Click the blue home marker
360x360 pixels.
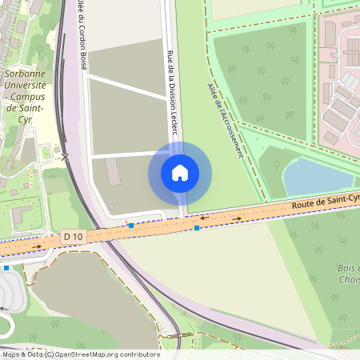click(x=180, y=173)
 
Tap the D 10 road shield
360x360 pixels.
click(x=72, y=236)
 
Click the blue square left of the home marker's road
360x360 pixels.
click(x=130, y=226)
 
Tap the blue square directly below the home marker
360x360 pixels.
click(x=197, y=228)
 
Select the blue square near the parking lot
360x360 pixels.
click(x=6, y=268)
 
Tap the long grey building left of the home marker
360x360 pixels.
click(x=113, y=173)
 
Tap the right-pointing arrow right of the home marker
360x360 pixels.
click(x=237, y=218)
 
